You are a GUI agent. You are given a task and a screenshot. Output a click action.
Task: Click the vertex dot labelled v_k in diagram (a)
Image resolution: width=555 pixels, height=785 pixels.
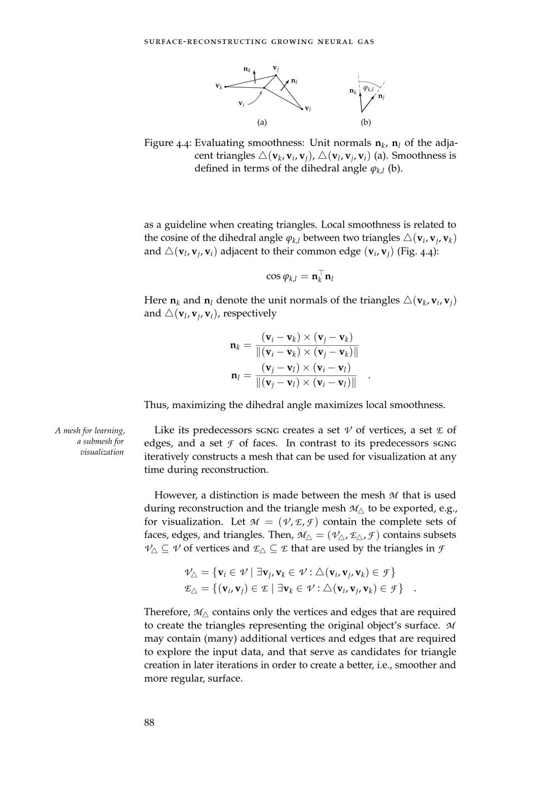point(225,87)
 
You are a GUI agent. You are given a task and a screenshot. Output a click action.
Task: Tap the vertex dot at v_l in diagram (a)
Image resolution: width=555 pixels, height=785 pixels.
point(302,109)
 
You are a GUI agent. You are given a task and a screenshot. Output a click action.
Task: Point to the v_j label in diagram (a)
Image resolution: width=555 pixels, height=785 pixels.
point(275,68)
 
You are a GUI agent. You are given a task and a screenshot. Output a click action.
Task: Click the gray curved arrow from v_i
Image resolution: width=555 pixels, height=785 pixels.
point(255,99)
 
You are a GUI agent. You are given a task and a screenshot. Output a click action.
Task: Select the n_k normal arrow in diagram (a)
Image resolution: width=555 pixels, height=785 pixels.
point(255,76)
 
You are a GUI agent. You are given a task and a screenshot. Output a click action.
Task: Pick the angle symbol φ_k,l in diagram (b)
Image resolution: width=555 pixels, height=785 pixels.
point(369,89)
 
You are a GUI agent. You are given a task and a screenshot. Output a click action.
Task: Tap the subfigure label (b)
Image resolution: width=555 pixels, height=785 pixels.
point(366,122)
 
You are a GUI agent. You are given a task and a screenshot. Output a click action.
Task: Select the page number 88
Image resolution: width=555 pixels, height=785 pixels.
point(149,722)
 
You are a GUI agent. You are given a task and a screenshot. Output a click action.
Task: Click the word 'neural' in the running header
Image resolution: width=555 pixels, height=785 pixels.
point(332,42)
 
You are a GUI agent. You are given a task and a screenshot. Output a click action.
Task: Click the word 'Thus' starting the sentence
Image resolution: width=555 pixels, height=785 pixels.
point(156,405)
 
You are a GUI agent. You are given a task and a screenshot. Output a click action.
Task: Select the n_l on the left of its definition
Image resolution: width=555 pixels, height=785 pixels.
point(235,376)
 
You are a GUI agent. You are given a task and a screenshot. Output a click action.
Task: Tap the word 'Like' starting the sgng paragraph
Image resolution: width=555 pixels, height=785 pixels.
point(163,430)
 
